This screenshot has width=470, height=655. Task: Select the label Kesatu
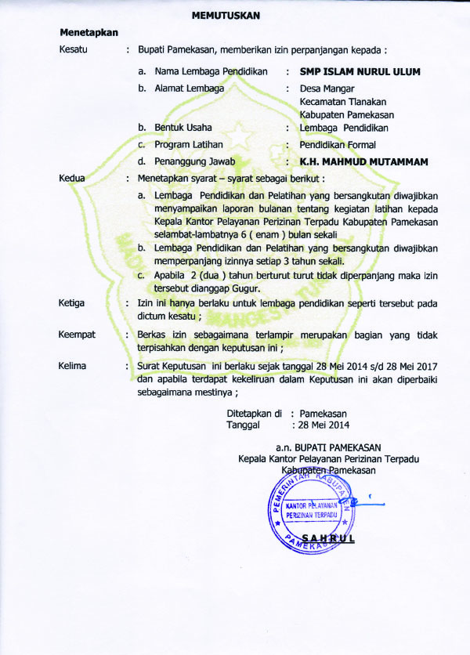pos(74,50)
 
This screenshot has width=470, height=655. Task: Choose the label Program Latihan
pos(189,145)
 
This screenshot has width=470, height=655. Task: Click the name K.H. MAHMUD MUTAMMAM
pos(364,162)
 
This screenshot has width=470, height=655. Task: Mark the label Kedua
pos(72,179)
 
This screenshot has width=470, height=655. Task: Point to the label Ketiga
pos(73,303)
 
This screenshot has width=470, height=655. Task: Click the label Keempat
pos(77,335)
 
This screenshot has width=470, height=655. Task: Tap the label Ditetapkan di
pos(254,413)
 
